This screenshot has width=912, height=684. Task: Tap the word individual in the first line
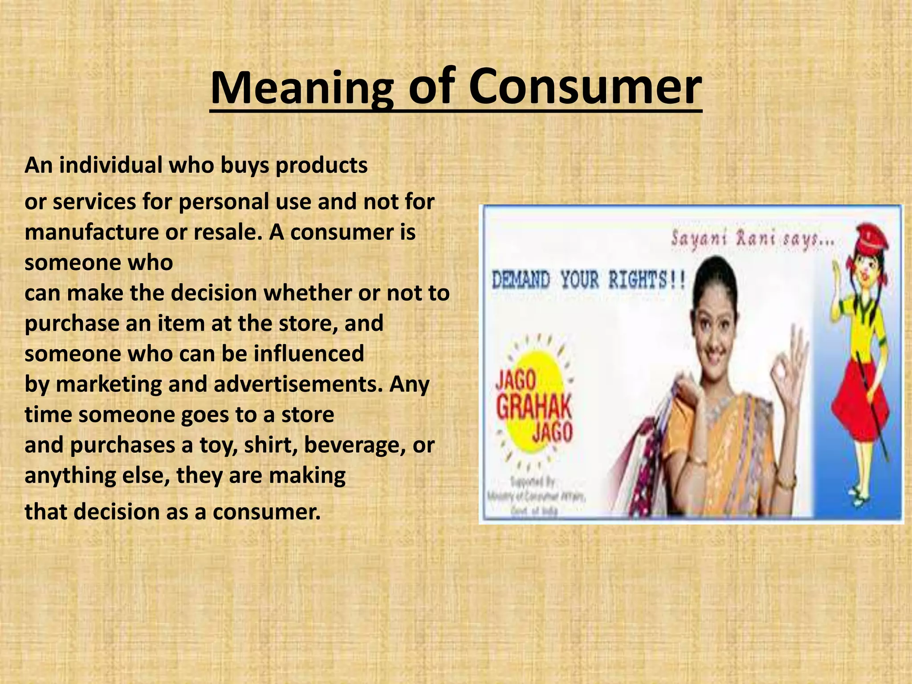pyautogui.click(x=111, y=165)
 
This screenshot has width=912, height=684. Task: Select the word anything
pyautogui.click(x=69, y=476)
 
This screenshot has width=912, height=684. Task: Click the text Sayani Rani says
pyautogui.click(x=753, y=240)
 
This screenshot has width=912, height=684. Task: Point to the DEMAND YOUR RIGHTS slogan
pyautogui.click(x=588, y=281)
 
